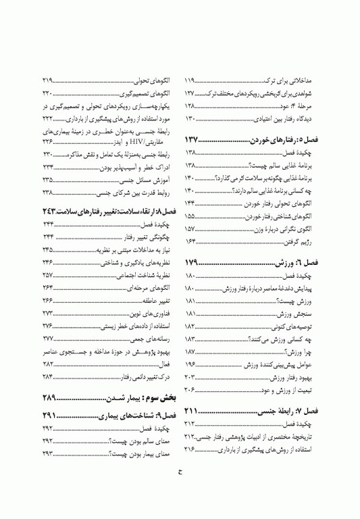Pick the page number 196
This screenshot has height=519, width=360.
[x=192, y=363]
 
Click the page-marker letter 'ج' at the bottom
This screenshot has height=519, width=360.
[x=180, y=491]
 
